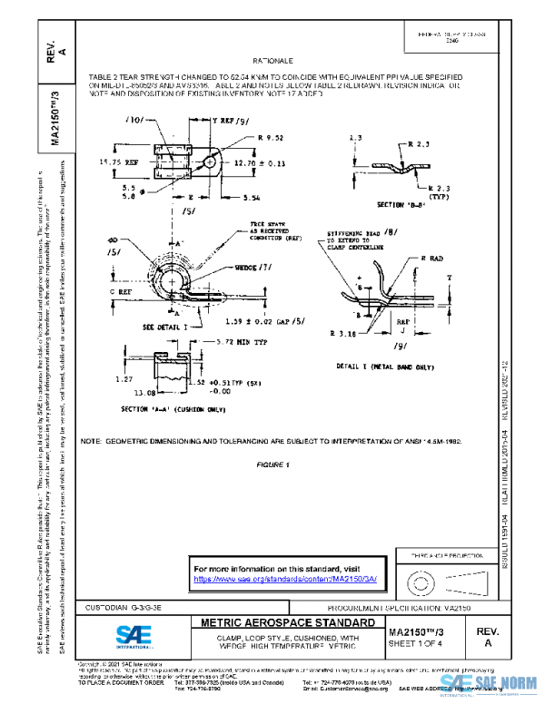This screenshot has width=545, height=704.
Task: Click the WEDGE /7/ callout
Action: (233, 269)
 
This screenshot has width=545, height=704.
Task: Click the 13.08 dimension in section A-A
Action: (132, 394)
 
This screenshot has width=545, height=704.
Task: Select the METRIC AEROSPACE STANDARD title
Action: (280, 624)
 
